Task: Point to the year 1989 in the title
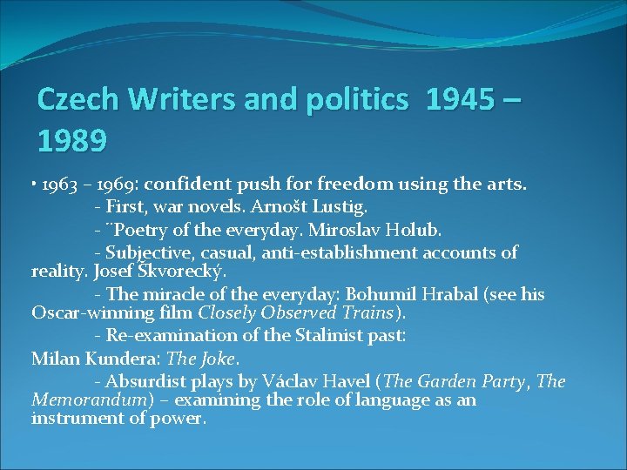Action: tap(72, 138)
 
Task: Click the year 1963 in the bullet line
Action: tap(59, 185)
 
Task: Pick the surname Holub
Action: tap(415, 231)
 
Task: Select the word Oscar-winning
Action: tap(85, 313)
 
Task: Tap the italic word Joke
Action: tap(218, 358)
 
